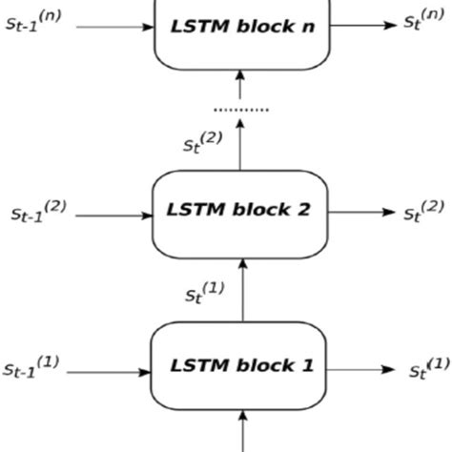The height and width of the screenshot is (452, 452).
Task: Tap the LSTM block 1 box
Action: coord(240,365)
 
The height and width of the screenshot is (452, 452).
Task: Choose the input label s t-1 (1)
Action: coord(31,366)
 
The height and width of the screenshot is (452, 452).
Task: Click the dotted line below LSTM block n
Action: coord(239,111)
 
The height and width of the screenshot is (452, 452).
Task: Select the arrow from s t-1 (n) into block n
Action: coord(114,26)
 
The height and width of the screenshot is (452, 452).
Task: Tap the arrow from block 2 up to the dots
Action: coord(240,143)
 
